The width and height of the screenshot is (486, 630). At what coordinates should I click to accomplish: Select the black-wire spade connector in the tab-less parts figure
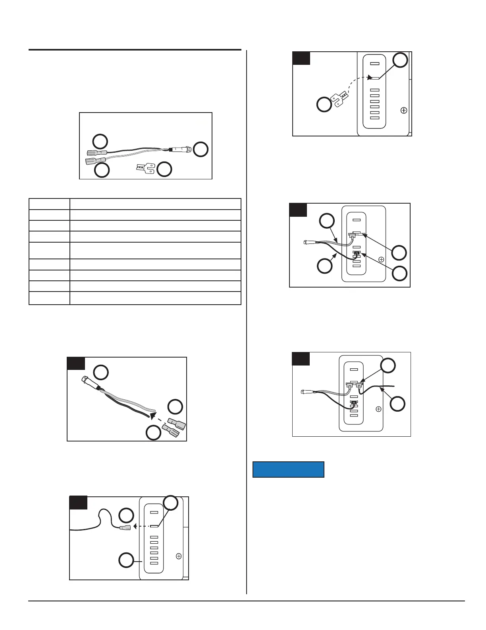tap(96, 152)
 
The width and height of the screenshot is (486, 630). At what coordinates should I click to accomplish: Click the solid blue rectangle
tap(288, 469)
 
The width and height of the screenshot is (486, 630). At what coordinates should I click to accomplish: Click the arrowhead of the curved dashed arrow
tap(369, 78)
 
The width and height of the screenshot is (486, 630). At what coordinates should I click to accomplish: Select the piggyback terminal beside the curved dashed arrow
tap(341, 97)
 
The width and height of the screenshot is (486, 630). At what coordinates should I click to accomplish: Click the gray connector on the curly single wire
tap(125, 527)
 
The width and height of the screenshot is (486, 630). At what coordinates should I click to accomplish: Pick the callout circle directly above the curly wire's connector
tap(127, 515)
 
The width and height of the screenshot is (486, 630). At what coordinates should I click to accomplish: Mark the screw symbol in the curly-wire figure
tap(179, 556)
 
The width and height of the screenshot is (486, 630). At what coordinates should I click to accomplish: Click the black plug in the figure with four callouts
tap(356, 253)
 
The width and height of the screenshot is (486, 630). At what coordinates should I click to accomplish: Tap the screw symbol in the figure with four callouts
tap(381, 259)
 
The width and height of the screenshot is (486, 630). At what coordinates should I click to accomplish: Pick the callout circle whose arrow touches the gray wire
tap(327, 222)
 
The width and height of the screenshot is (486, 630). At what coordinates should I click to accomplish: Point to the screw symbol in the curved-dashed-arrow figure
tap(404, 111)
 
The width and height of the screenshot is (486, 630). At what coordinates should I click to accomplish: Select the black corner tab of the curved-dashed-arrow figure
tap(301, 58)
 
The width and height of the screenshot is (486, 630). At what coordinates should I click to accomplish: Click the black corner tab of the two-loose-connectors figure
tap(76, 364)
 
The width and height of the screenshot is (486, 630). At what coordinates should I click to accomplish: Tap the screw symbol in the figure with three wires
tap(378, 409)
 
